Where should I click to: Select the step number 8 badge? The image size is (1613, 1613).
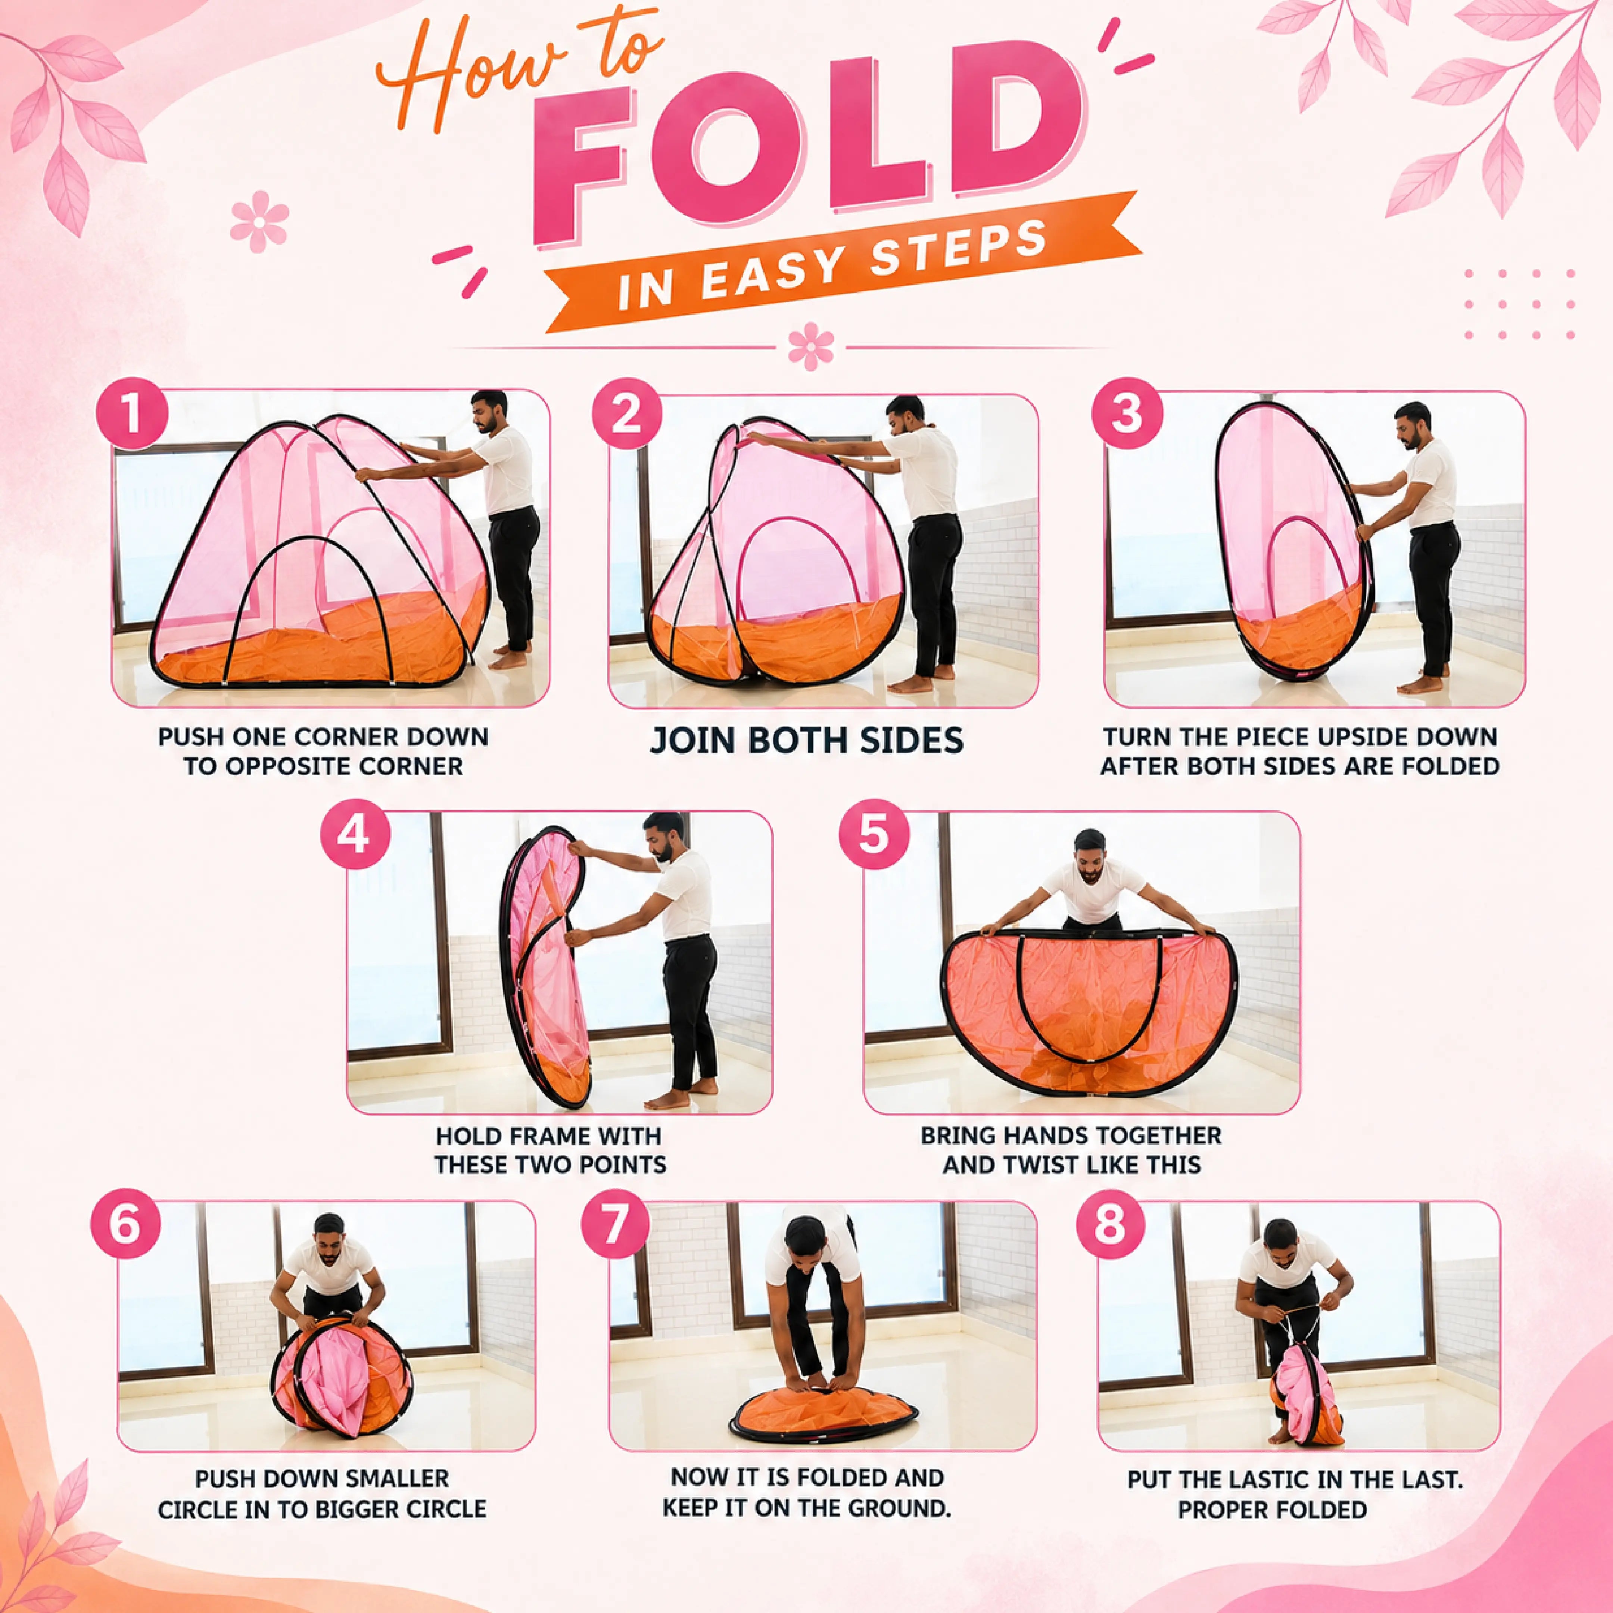(1111, 1225)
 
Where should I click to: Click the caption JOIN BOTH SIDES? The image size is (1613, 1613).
(806, 740)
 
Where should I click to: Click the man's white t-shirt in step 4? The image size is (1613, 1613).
(685, 893)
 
